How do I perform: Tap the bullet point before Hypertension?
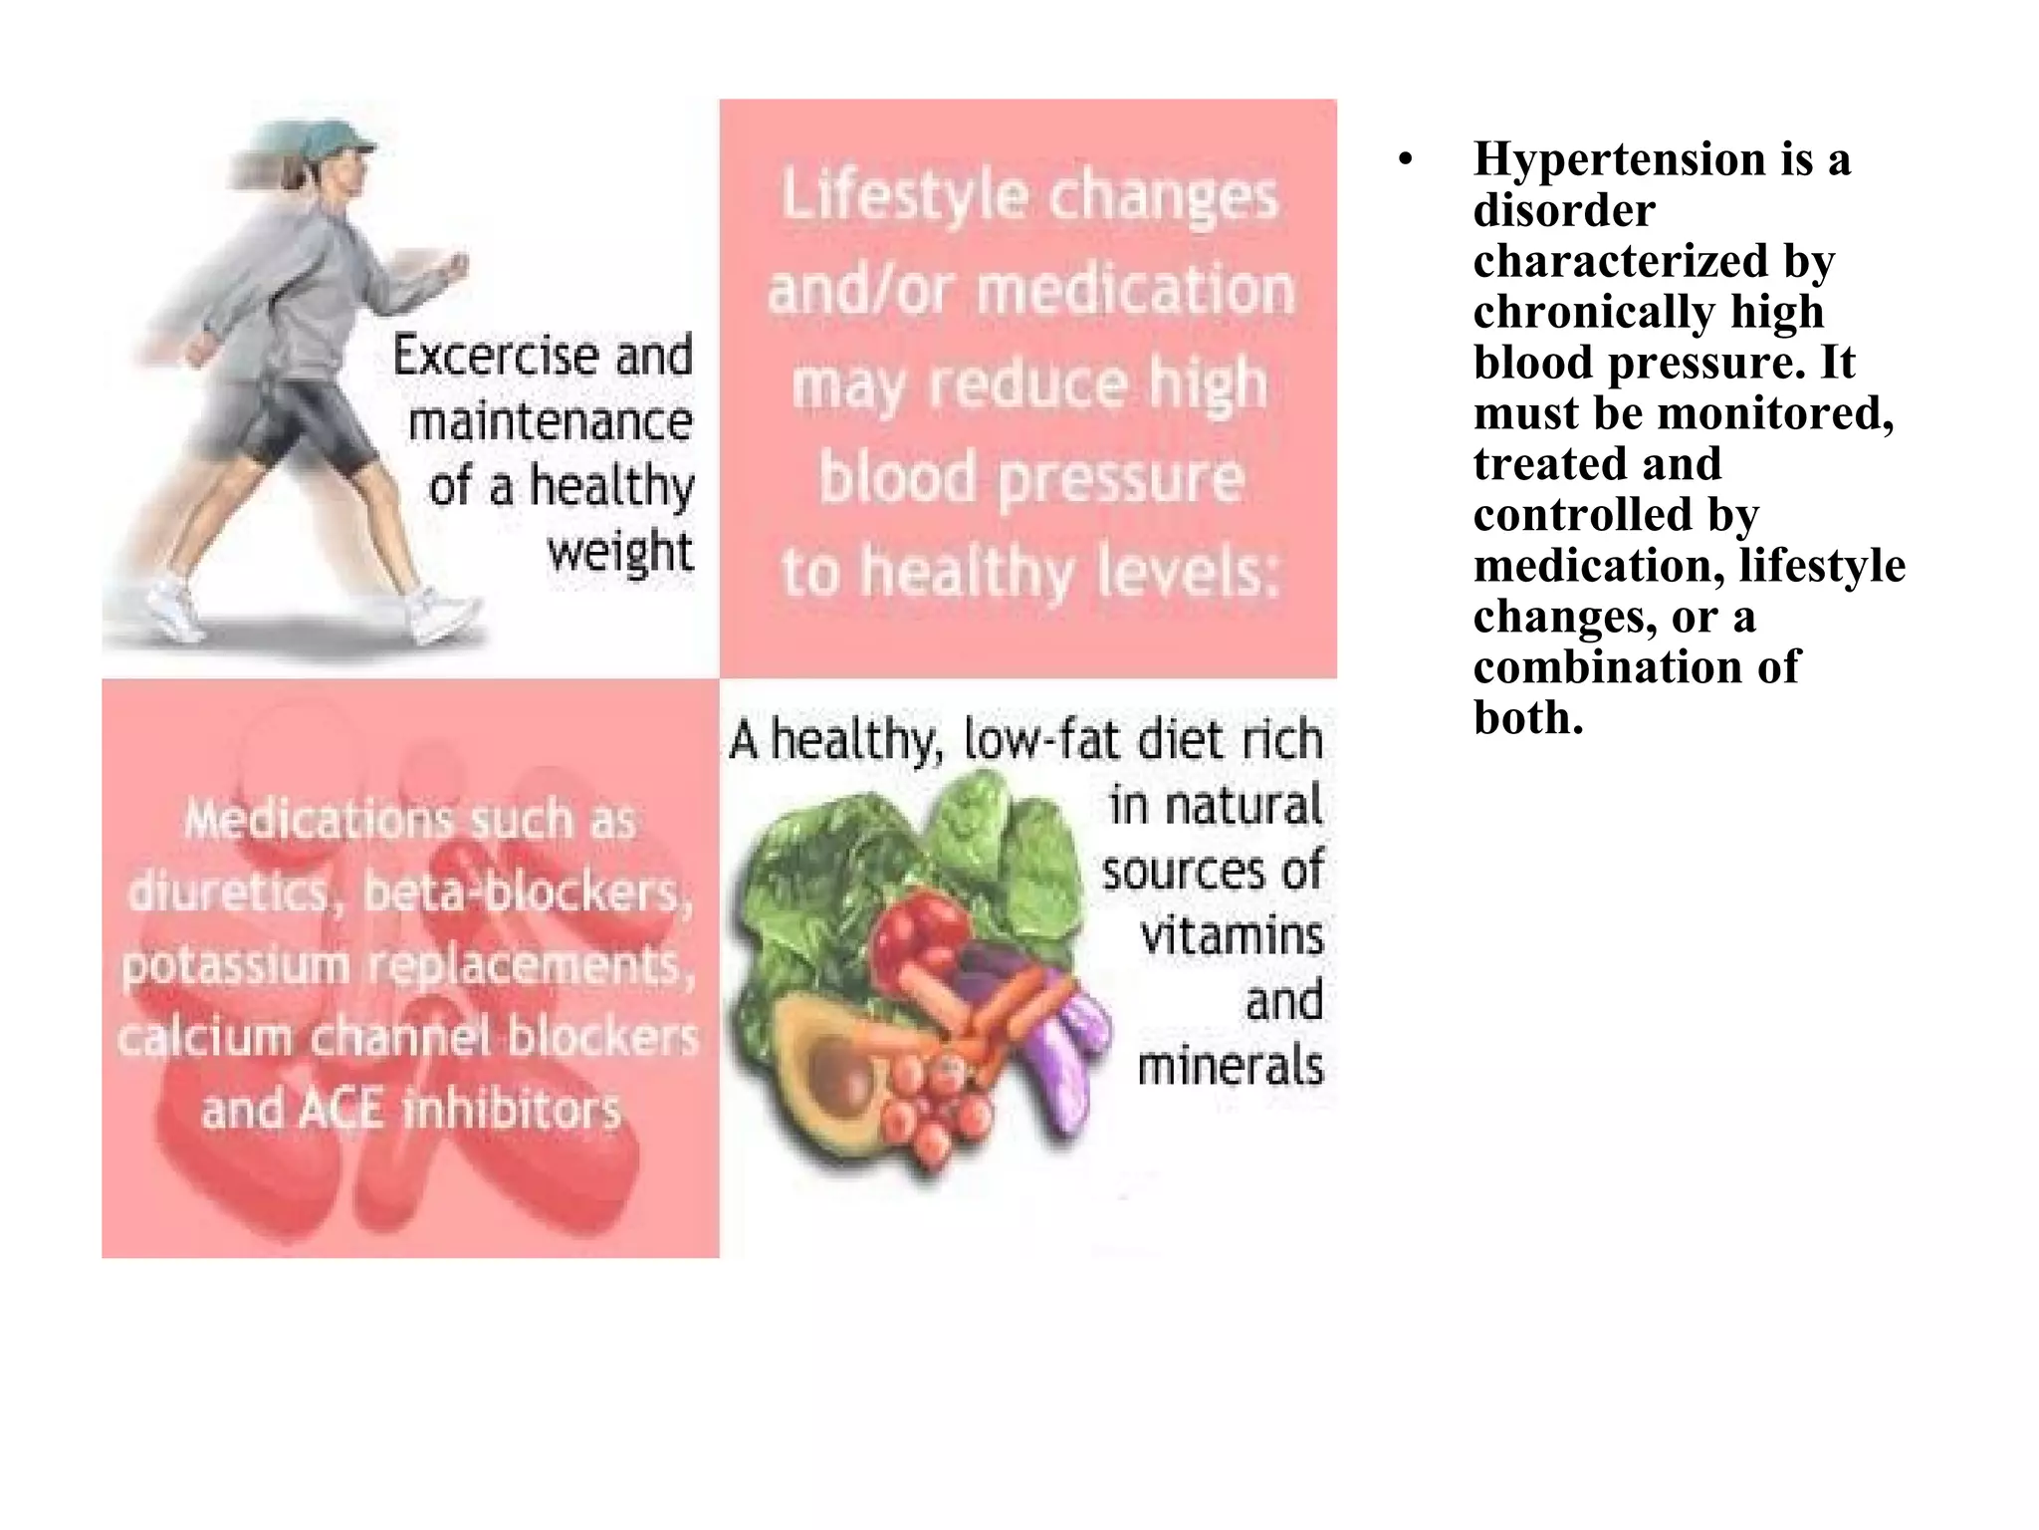tap(1405, 160)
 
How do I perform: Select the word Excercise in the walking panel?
tap(497, 356)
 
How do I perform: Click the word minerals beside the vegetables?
tap(1231, 1067)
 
